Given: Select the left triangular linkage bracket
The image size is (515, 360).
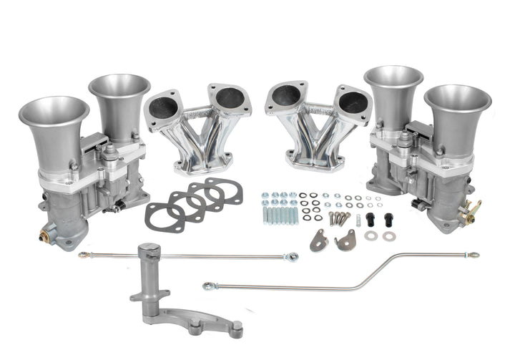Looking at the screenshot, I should pyautogui.click(x=318, y=240).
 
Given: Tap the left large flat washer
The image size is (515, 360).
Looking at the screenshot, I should pyautogui.click(x=370, y=235).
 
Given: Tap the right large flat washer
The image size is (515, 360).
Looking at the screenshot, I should pyautogui.click(x=388, y=235).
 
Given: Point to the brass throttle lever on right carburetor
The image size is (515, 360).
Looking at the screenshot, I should pyautogui.click(x=473, y=210).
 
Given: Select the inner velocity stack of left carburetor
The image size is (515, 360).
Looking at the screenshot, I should pyautogui.click(x=119, y=97).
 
